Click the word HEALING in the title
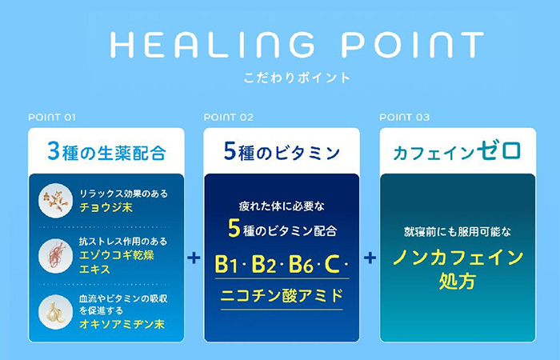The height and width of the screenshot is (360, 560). (213, 45)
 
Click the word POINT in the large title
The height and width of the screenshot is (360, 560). (413, 45)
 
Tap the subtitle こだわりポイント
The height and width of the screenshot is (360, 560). (297, 78)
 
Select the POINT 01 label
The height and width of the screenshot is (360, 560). (52, 117)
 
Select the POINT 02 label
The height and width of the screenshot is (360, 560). (229, 117)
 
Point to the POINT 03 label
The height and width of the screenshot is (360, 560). (405, 117)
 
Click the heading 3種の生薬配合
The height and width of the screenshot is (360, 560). (106, 151)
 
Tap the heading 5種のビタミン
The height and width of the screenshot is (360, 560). (282, 151)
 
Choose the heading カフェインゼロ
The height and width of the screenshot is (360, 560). (458, 151)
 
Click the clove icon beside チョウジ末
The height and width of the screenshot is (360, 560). (55, 200)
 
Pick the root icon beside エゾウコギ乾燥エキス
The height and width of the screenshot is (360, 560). (55, 256)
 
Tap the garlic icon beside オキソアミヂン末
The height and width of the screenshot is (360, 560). (55, 312)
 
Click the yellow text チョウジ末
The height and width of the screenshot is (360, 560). (106, 207)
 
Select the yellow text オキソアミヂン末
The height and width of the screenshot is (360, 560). (122, 324)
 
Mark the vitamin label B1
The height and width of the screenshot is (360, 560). (226, 264)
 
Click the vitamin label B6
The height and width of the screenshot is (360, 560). (301, 264)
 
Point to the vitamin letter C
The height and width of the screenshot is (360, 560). (332, 264)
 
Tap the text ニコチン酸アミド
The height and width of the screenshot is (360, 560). (282, 296)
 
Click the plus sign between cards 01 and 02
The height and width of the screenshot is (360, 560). (194, 258)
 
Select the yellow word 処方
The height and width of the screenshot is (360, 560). (458, 281)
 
